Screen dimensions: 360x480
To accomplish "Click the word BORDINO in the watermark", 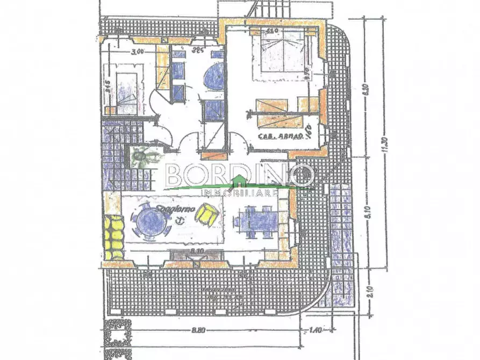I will pos(239,175).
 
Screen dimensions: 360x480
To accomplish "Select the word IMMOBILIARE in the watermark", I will pos(239,192).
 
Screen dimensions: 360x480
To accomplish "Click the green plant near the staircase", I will pos(142,156).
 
